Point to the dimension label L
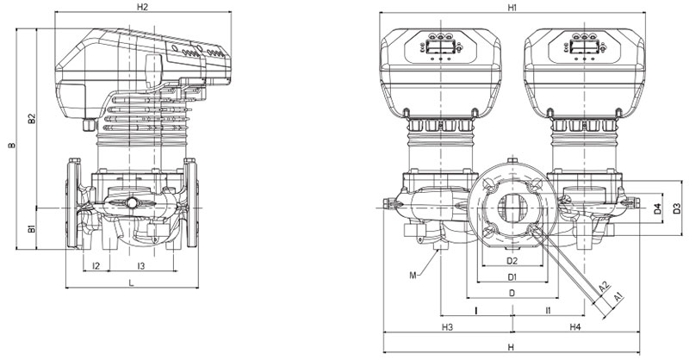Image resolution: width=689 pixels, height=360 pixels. coord(131,282)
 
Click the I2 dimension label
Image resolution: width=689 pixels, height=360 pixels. coord(96,265)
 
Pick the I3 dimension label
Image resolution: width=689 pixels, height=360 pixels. coord(140,265)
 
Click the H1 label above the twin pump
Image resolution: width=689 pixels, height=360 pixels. coord(512,7)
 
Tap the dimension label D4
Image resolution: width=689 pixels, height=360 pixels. coord(656,208)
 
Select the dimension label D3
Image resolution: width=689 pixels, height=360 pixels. coord(677,208)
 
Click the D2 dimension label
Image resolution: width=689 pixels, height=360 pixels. coord(512,260)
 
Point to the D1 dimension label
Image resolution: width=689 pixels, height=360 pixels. coord(512,276)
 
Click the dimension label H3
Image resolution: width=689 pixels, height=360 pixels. coord(448,328)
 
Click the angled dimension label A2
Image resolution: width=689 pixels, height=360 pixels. coord(605,284)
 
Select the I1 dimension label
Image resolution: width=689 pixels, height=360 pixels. coord(549,308)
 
